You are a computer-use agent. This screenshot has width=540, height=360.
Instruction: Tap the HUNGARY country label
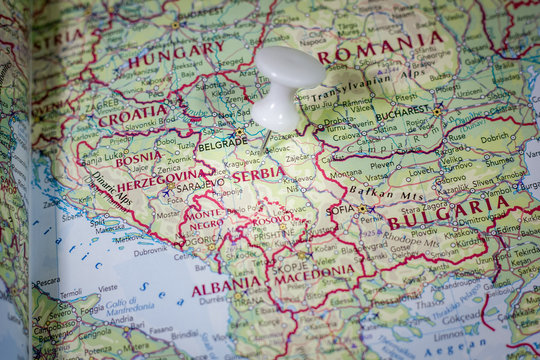(x=176, y=54)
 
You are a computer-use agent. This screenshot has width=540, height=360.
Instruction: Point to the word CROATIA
(x=133, y=116)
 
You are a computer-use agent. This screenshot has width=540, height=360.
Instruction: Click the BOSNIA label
(x=138, y=158)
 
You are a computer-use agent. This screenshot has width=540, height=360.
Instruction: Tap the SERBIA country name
(x=258, y=174)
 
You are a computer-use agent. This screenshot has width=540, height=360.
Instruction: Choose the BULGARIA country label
(x=449, y=212)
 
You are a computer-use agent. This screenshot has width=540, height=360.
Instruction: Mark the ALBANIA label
(x=226, y=288)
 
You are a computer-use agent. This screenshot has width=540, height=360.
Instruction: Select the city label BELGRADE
(x=221, y=144)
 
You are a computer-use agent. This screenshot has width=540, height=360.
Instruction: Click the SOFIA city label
(x=340, y=211)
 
